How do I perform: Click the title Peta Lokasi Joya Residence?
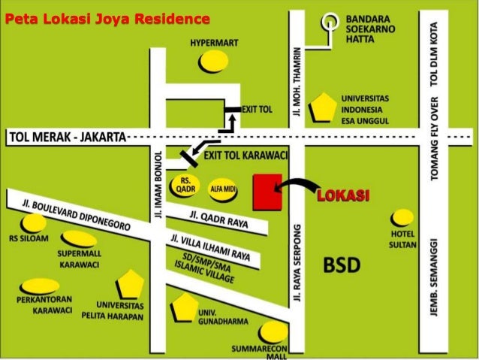106,17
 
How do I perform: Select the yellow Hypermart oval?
214,62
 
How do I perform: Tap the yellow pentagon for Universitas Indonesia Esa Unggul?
324,107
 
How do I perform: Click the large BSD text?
342,265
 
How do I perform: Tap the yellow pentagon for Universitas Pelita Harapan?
130,284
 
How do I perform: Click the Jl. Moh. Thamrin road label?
300,81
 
